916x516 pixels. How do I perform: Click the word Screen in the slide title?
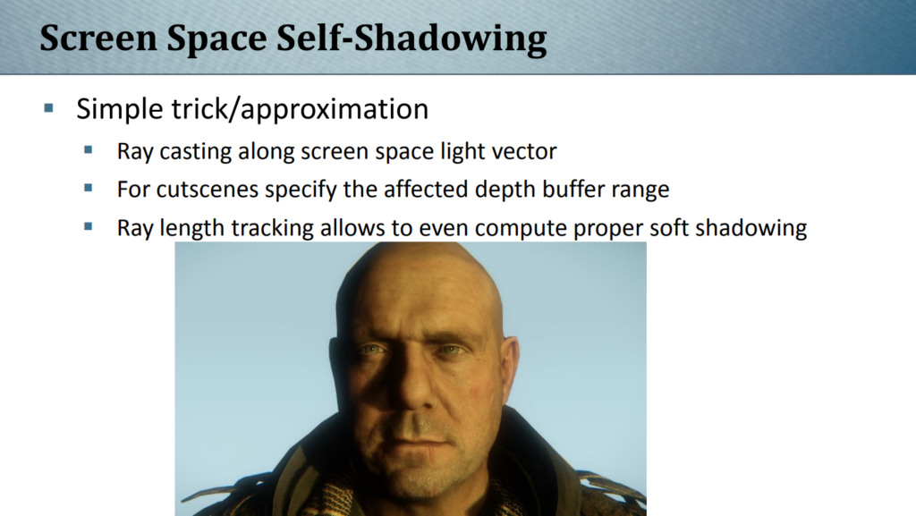point(98,38)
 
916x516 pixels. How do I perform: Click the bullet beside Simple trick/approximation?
point(48,107)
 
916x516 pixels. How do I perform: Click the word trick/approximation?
point(300,109)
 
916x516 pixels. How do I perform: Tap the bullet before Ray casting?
point(89,150)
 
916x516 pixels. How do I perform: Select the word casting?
point(196,152)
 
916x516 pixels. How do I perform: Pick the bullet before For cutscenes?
point(89,188)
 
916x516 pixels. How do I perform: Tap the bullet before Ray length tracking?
point(89,226)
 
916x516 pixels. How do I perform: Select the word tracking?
point(278,228)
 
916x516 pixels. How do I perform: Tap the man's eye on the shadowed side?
point(372,350)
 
